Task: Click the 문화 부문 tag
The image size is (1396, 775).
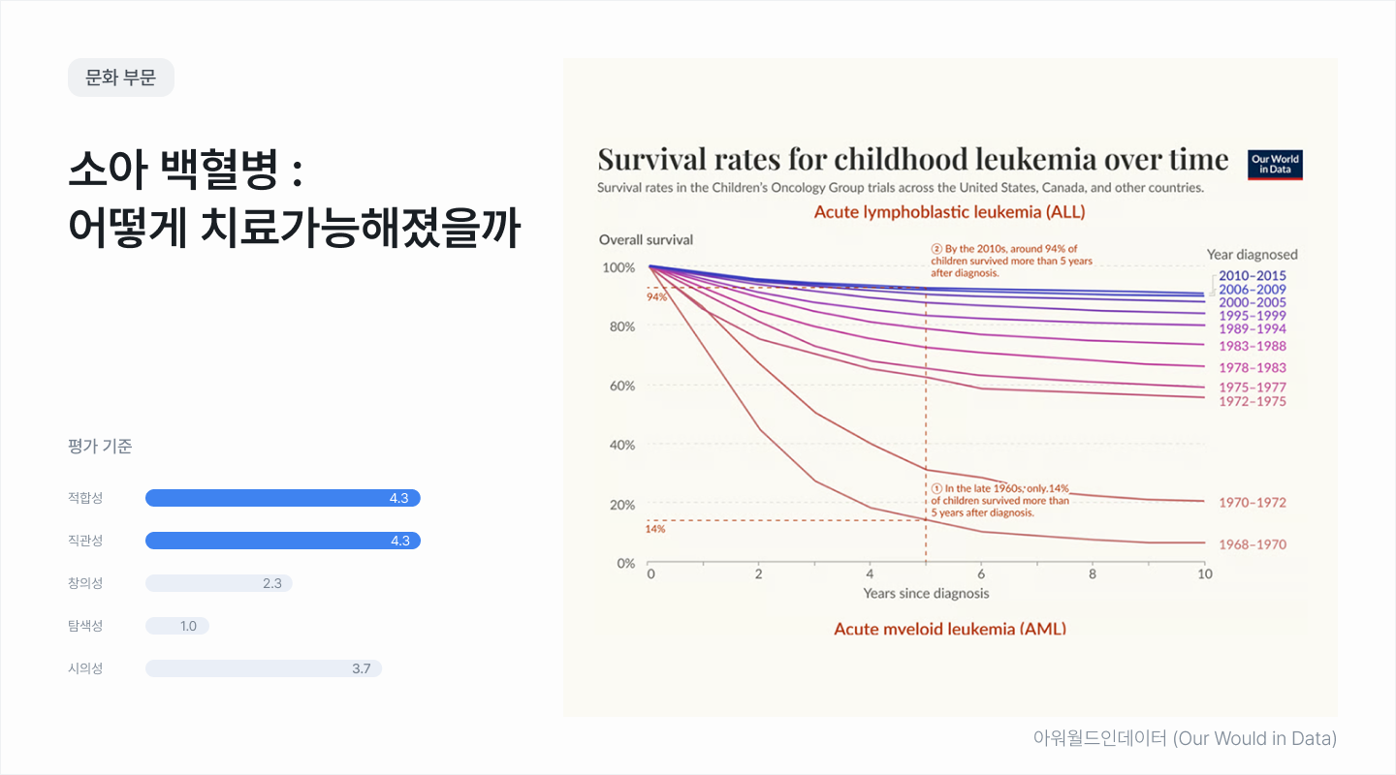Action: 121,77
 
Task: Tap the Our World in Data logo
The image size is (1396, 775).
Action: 1275,165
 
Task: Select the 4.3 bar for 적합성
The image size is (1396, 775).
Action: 282,498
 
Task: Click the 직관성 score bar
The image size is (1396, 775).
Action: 282,541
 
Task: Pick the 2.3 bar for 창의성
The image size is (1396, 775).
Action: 218,583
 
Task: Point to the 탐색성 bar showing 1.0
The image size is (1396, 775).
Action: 176,626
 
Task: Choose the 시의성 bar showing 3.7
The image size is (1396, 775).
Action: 263,668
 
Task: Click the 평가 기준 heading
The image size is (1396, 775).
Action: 100,447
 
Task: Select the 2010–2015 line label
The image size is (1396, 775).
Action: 1253,276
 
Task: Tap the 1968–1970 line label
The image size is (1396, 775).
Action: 1253,544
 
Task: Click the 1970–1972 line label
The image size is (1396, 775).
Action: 1253,503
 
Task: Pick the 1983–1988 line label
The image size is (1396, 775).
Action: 1253,346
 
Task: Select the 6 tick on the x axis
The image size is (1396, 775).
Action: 981,573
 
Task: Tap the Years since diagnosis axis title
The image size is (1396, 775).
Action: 926,593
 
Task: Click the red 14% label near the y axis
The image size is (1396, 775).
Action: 655,529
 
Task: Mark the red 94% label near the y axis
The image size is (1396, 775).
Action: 656,296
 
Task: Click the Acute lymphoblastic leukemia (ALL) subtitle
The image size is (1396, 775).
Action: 949,211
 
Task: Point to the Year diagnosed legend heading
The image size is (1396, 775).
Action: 1252,255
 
